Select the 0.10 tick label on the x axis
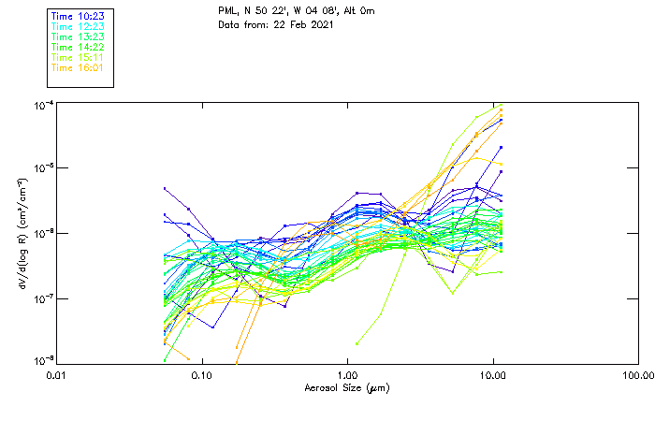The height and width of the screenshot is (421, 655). (201, 376)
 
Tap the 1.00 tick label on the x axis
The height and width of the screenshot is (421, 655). (347, 376)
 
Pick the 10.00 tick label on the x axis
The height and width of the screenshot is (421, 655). (492, 376)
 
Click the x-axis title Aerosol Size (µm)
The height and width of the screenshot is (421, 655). (347, 387)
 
